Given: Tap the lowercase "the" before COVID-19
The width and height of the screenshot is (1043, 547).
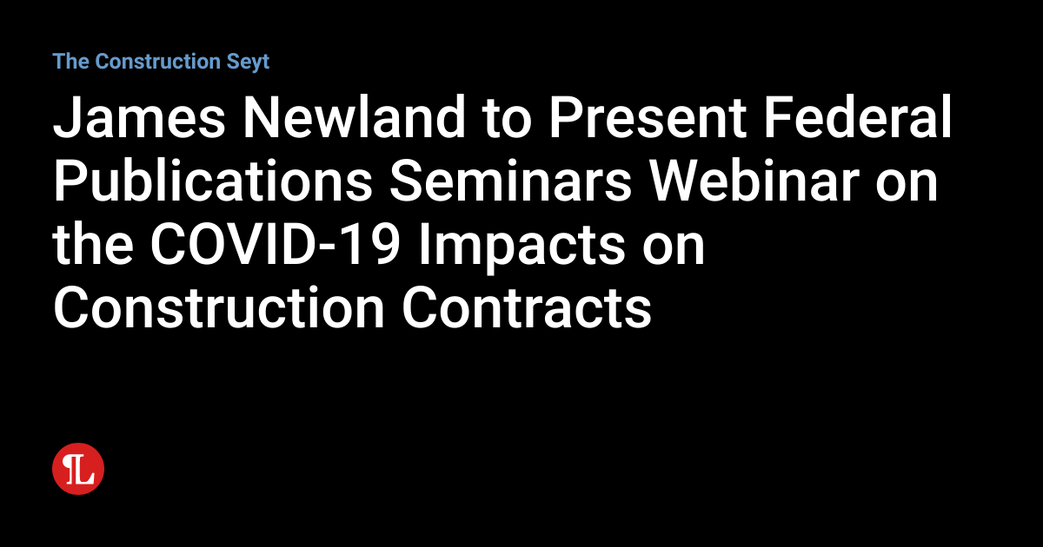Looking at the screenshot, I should pos(91,247).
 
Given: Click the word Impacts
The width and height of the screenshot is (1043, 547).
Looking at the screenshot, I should pos(521,247).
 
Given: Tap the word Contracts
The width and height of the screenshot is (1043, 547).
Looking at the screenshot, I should pos(527,308).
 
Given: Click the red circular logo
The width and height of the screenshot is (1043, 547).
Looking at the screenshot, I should pos(78,470).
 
